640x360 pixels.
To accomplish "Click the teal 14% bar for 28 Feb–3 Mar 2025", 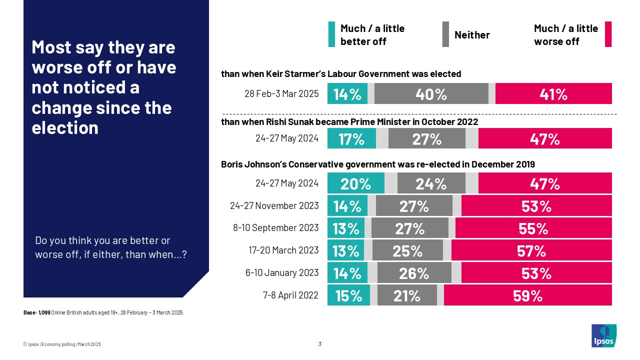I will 347,93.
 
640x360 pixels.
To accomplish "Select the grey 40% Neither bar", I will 431,93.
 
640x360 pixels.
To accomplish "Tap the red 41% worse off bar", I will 553,93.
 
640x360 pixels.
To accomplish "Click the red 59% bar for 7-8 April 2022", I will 527,295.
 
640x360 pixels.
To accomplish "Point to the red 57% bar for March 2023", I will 531,250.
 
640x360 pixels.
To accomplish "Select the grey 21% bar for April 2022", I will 407,295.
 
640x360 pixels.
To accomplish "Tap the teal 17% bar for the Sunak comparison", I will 351,138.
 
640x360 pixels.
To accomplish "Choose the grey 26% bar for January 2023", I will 414,272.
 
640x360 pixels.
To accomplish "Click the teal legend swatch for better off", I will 331,34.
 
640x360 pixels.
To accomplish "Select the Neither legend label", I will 471,34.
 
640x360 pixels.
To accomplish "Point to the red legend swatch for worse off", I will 608,34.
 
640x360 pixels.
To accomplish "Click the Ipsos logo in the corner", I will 603,335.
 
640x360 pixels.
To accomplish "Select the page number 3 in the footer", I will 320,343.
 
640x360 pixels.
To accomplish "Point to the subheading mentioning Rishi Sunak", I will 349,121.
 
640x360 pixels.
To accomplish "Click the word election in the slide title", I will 65,128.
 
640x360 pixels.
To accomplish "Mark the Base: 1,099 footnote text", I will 104,312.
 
